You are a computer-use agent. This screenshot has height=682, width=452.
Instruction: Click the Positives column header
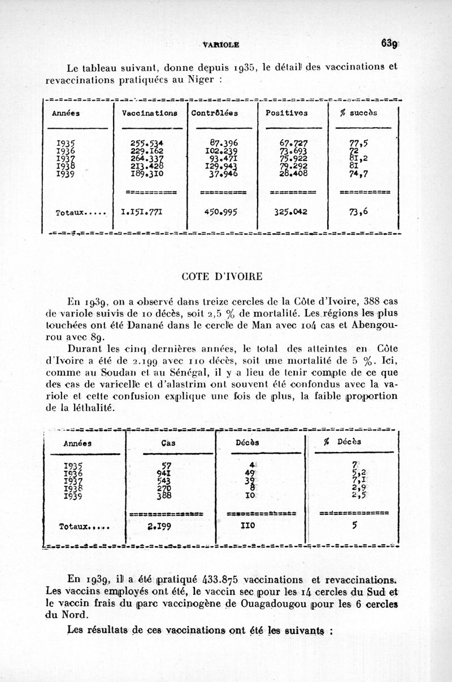287,112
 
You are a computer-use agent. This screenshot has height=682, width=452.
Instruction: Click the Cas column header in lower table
168,443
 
